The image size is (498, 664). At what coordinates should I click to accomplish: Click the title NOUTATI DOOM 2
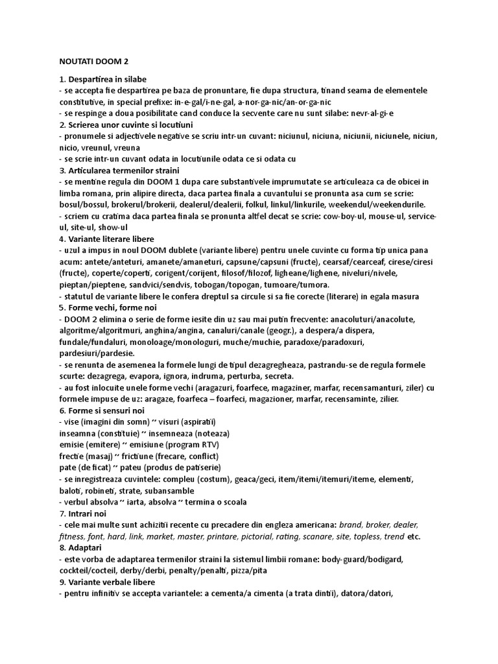94,62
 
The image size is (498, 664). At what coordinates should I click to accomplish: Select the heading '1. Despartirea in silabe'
104,79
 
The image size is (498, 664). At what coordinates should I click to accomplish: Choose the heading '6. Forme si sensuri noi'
101,410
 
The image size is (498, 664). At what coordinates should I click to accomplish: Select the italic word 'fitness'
72,536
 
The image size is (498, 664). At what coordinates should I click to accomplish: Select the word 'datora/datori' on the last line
368,593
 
